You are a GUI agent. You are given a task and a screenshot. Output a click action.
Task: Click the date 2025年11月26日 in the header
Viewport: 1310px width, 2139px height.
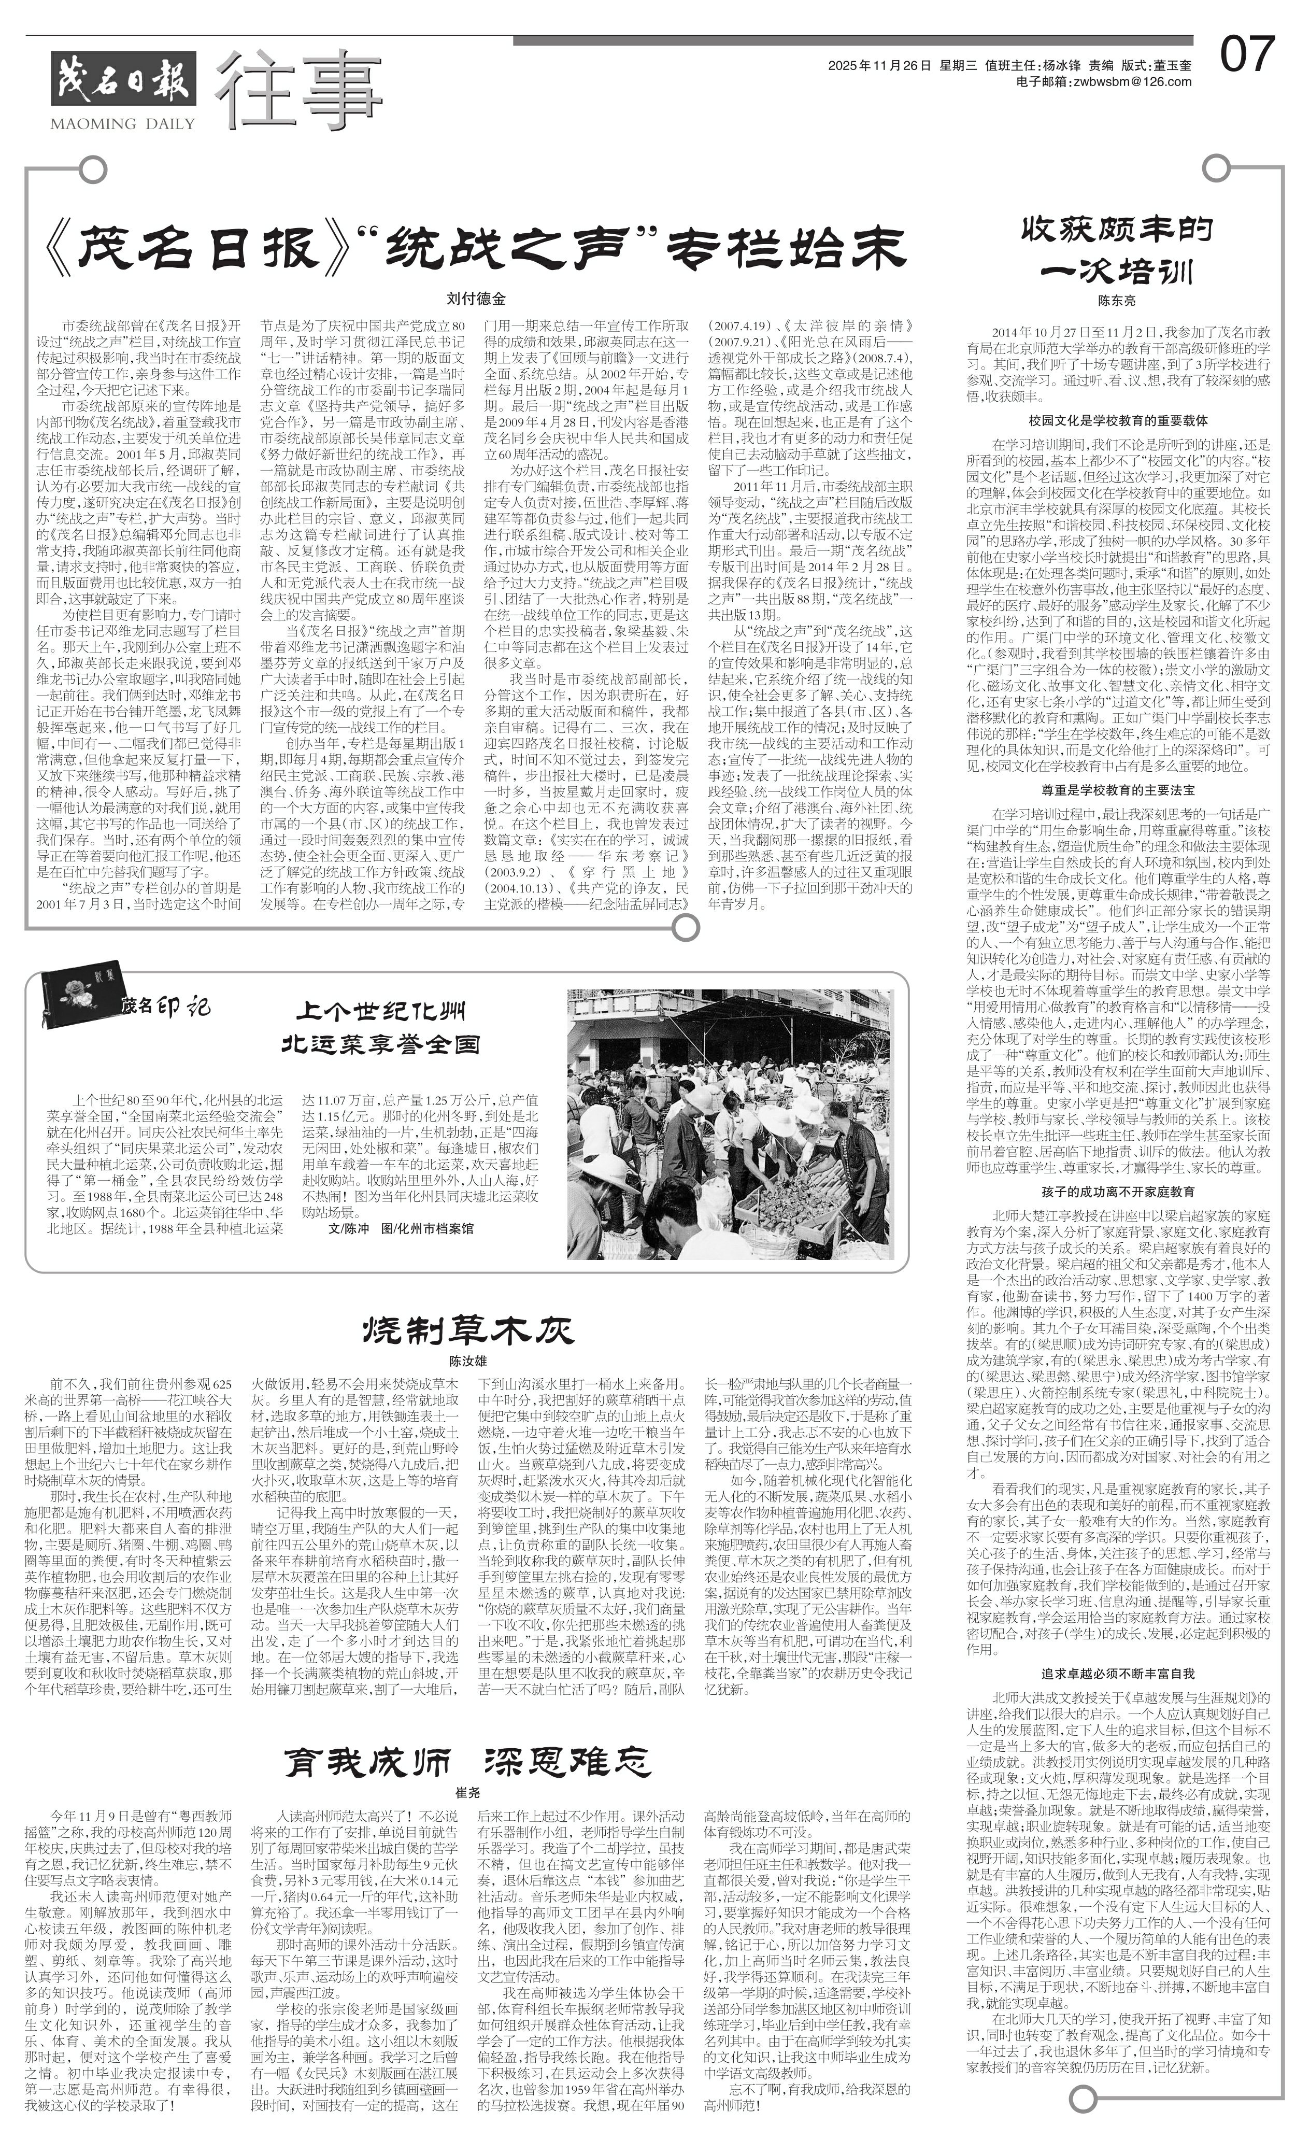point(878,65)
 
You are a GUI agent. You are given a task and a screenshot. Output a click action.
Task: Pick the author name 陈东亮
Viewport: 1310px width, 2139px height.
point(1116,301)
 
